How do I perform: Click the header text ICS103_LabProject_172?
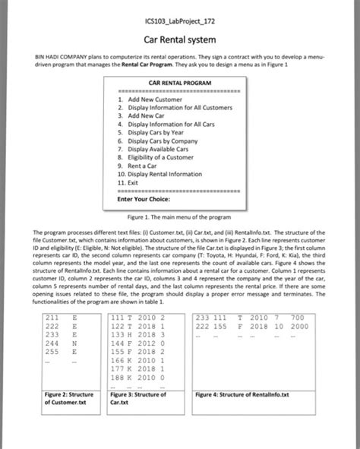[179, 19]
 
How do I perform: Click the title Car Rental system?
[179, 39]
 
